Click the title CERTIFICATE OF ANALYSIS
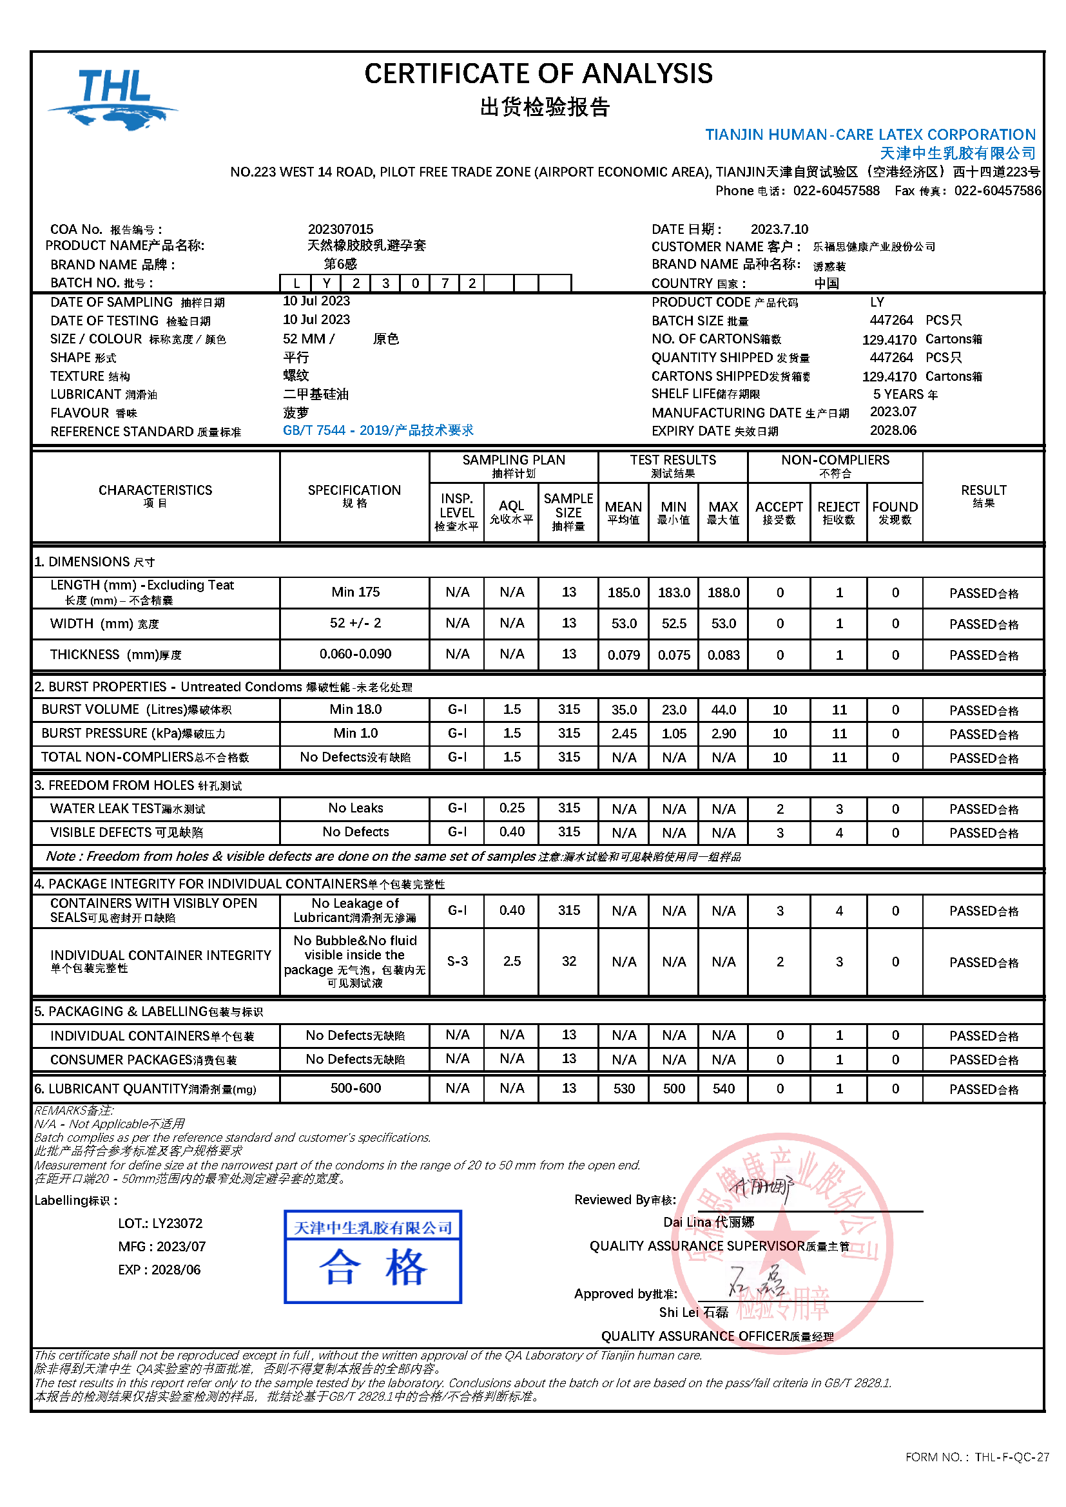coord(538,73)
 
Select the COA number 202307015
coord(340,229)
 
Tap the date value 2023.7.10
coord(779,229)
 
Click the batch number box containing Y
coord(326,283)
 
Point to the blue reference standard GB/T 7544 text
coord(378,430)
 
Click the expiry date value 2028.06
coord(893,430)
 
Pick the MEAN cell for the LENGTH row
coord(623,593)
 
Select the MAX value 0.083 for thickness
coord(722,655)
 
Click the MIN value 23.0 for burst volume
coord(674,709)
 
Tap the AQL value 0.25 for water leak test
coord(511,808)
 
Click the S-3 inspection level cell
coord(457,961)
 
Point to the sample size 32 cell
coord(568,961)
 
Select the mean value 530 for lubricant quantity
coord(623,1089)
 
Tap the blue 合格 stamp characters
coord(373,1267)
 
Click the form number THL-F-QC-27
coord(1011,1457)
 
